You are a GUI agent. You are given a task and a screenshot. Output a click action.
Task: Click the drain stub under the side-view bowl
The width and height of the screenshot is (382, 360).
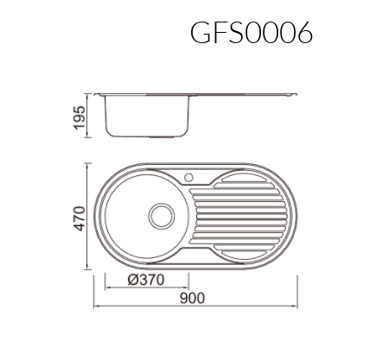160,137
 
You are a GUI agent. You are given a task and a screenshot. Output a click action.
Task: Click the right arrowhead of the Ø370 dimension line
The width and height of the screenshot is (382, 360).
188,287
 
